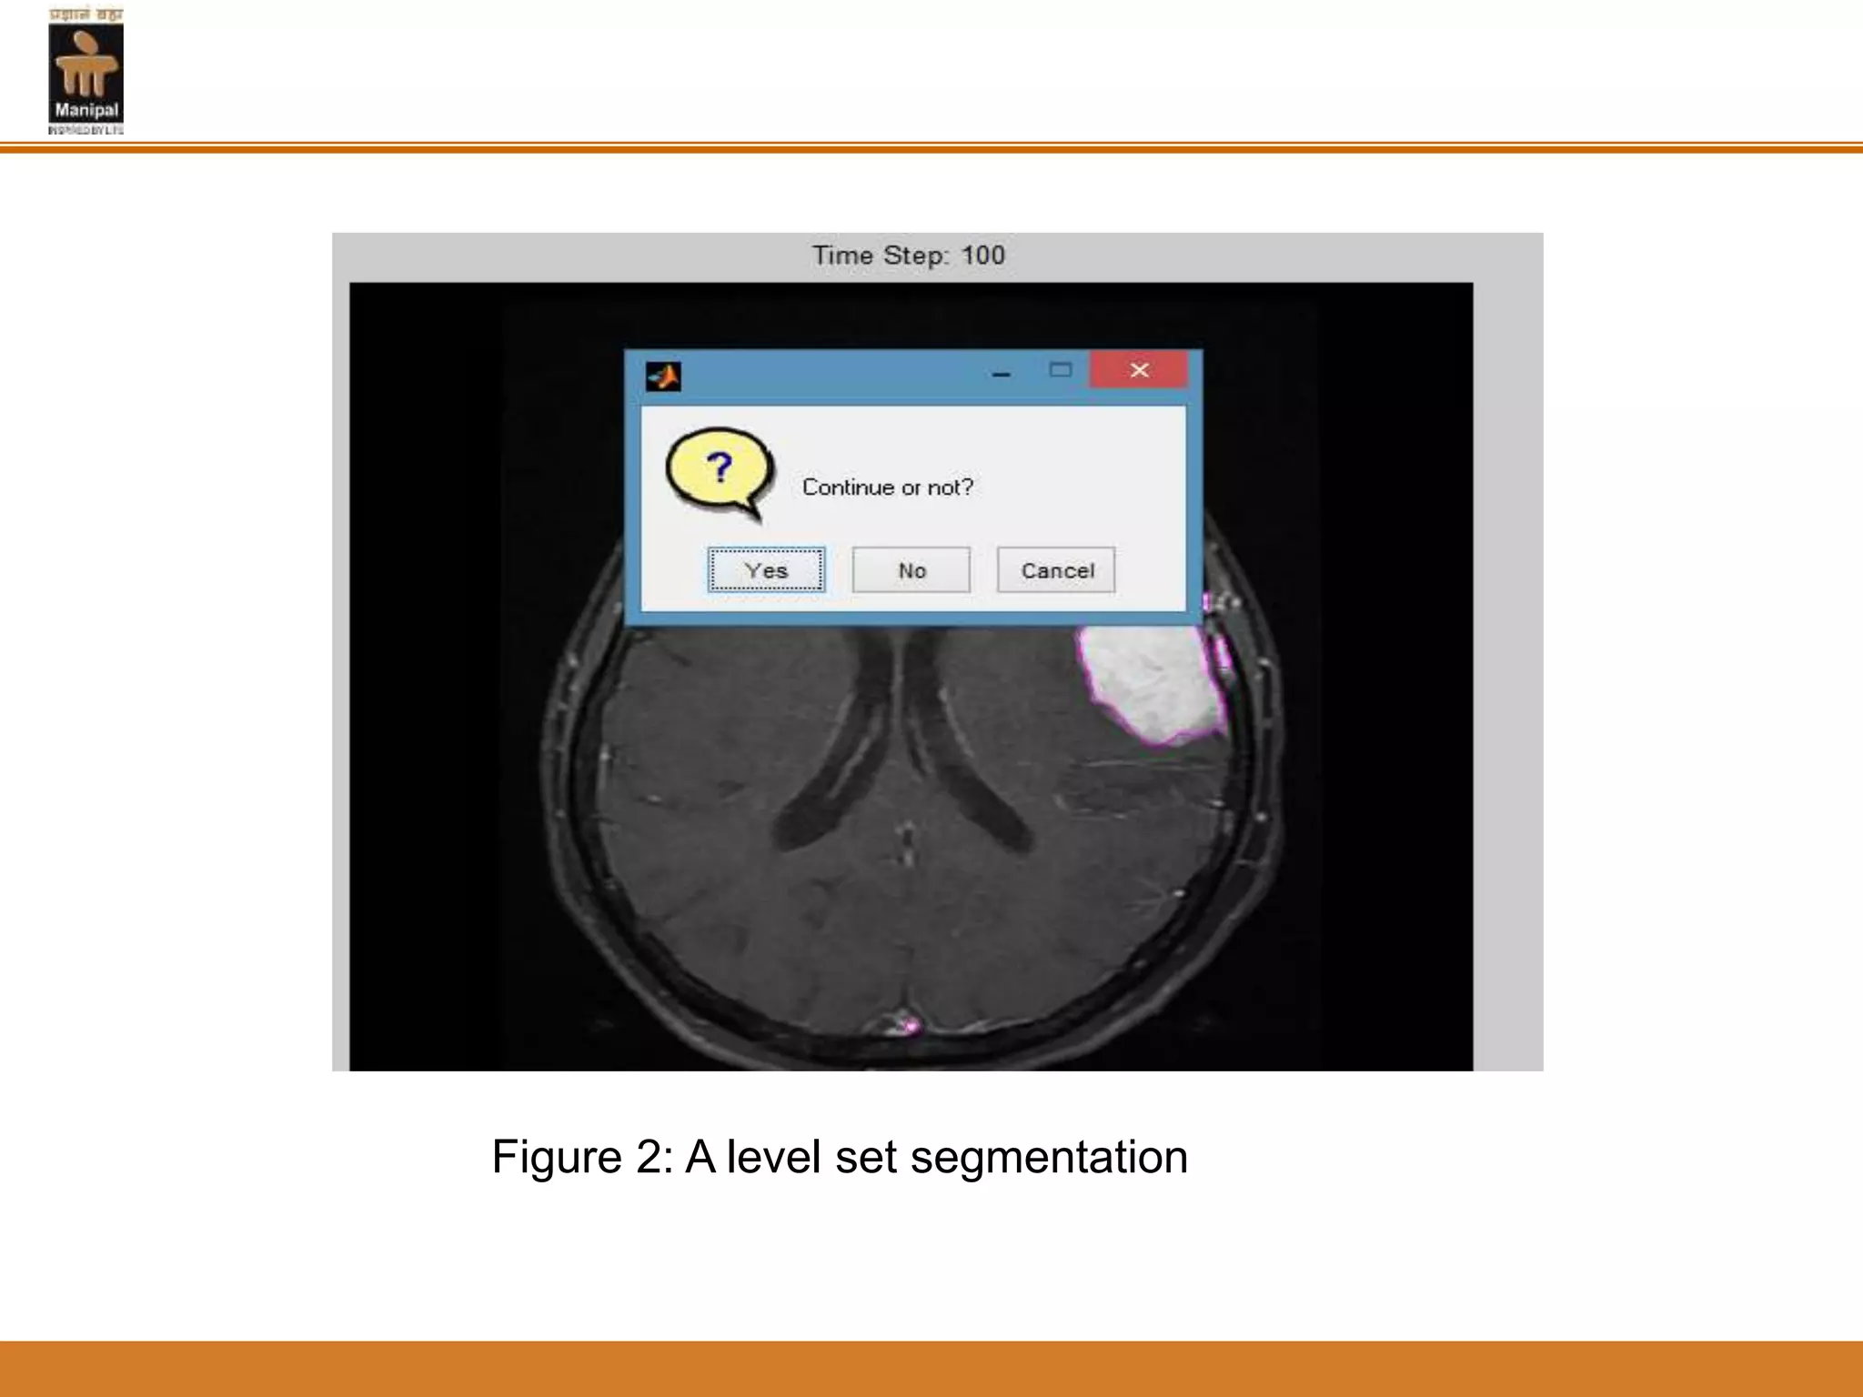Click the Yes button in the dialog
click(766, 570)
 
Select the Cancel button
click(1056, 570)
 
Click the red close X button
click(1139, 370)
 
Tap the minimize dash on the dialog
click(1002, 374)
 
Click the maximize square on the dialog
click(1061, 370)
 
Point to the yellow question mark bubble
click(720, 470)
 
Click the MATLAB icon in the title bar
click(663, 376)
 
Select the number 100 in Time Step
click(982, 256)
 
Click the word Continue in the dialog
click(848, 487)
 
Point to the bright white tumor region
click(1151, 682)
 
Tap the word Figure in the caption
click(557, 1157)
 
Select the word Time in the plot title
click(842, 256)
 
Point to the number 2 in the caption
click(653, 1157)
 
